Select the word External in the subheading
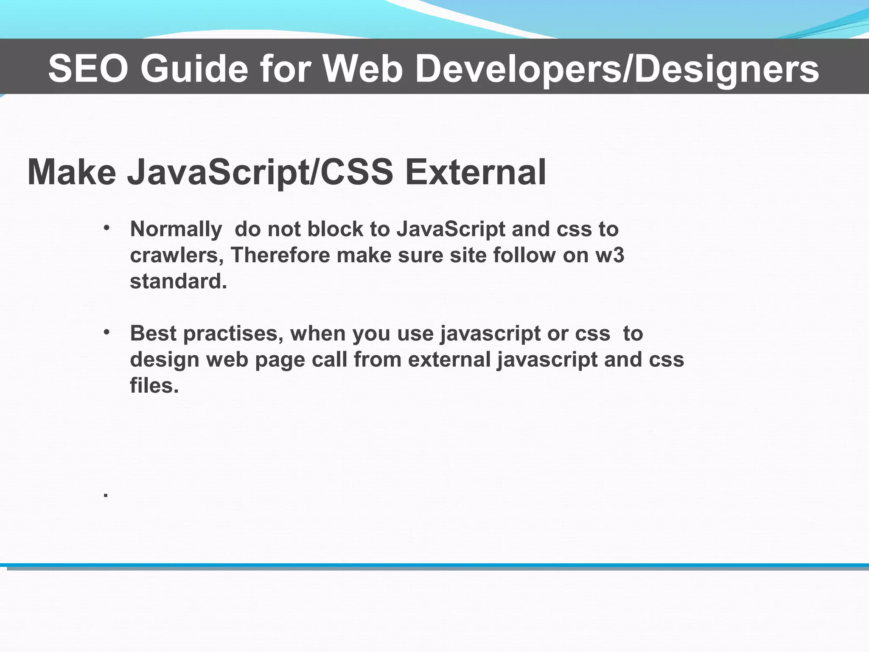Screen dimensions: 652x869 [475, 172]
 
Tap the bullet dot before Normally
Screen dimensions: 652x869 [107, 228]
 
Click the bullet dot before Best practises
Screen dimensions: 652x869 [107, 332]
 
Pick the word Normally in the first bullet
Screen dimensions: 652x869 [176, 230]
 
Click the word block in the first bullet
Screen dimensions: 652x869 [335, 229]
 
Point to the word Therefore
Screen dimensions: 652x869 [280, 256]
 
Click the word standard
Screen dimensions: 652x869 [178, 281]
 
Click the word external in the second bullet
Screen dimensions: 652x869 [449, 360]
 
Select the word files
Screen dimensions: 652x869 [154, 385]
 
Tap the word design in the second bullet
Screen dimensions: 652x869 [165, 360]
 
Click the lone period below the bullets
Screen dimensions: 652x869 [106, 495]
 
